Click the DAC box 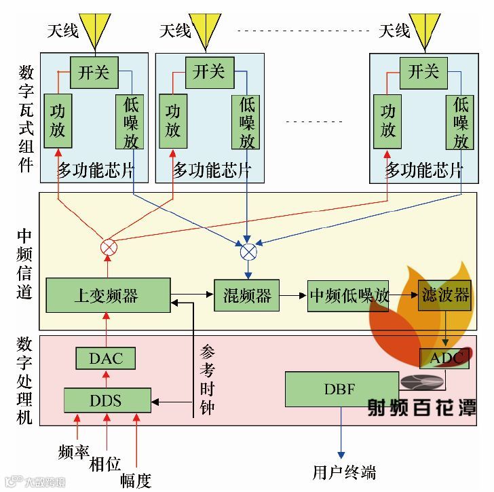click(107, 358)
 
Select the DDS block click(107, 400)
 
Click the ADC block click(444, 358)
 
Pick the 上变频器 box click(107, 295)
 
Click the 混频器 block click(247, 295)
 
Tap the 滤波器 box click(444, 295)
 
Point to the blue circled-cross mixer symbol click(248, 252)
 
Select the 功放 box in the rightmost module click(388, 121)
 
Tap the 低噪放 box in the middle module click(246, 122)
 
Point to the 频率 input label click(75, 451)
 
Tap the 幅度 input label click(136, 480)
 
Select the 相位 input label click(105, 465)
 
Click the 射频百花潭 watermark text click(421, 406)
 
